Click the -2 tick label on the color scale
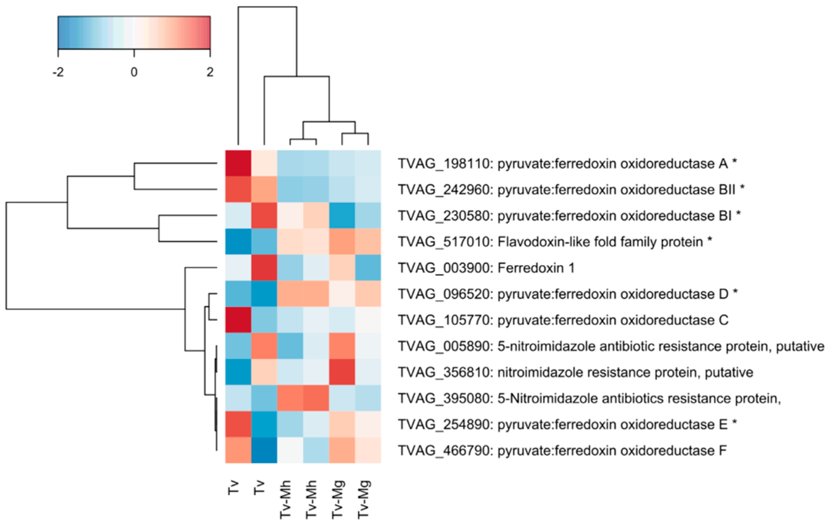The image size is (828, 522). pyautogui.click(x=58, y=72)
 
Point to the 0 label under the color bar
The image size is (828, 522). pyautogui.click(x=134, y=72)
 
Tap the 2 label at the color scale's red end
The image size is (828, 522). pyautogui.click(x=210, y=72)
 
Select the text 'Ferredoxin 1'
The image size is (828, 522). pyautogui.click(x=536, y=268)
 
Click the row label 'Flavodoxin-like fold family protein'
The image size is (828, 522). pyautogui.click(x=600, y=242)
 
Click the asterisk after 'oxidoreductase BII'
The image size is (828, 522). pyautogui.click(x=742, y=188)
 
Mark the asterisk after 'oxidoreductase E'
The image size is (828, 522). pyautogui.click(x=734, y=423)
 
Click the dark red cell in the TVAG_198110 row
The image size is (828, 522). pyautogui.click(x=238, y=163)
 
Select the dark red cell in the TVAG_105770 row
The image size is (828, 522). pyautogui.click(x=238, y=320)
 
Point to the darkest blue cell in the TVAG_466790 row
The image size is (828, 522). pyautogui.click(x=264, y=450)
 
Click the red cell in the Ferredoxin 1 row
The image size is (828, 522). pyautogui.click(x=264, y=268)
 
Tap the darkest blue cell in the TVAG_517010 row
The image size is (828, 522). pyautogui.click(x=238, y=242)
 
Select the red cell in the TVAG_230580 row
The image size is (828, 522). pyautogui.click(x=264, y=216)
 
